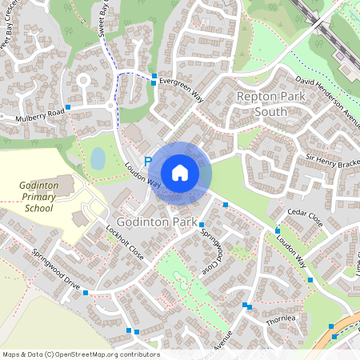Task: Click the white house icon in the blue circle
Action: pyautogui.click(x=180, y=172)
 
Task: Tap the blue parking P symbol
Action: pyautogui.click(x=148, y=162)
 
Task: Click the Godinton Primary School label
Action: pyautogui.click(x=35, y=197)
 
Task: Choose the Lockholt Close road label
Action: pyautogui.click(x=125, y=243)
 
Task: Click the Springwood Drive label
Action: pyautogui.click(x=57, y=273)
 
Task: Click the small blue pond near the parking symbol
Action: pyautogui.click(x=98, y=158)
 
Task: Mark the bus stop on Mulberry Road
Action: pyautogui.click(x=69, y=106)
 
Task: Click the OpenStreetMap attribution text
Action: pyautogui.click(x=80, y=354)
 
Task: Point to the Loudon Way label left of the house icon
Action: pyautogui.click(x=140, y=175)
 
